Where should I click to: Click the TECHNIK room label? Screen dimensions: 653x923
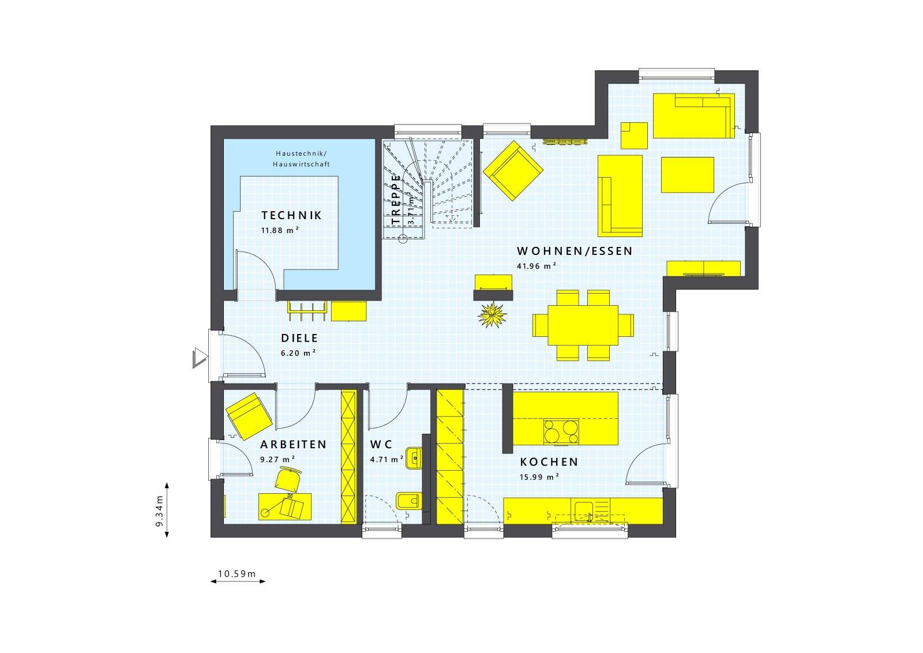pyautogui.click(x=291, y=216)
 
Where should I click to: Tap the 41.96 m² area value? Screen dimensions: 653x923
pyautogui.click(x=536, y=266)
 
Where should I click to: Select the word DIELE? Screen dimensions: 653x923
pyautogui.click(x=299, y=339)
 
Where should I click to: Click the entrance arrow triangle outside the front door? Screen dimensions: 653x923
pyautogui.click(x=199, y=358)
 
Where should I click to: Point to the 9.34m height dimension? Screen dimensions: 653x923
pyautogui.click(x=160, y=511)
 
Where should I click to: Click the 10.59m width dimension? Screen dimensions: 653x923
pyautogui.click(x=237, y=574)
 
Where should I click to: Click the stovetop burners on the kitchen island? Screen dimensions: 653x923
pyautogui.click(x=561, y=431)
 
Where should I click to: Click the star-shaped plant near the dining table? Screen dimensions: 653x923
pyautogui.click(x=493, y=314)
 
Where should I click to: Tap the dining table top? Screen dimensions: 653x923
pyautogui.click(x=583, y=325)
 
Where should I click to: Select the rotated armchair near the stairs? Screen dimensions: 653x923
pyautogui.click(x=513, y=171)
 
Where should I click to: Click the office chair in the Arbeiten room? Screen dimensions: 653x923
pyautogui.click(x=288, y=479)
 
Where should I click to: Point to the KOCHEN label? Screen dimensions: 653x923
pyautogui.click(x=549, y=462)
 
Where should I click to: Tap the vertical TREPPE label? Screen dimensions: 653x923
pyautogui.click(x=396, y=199)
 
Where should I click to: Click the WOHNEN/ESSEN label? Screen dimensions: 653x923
pyautogui.click(x=575, y=251)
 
